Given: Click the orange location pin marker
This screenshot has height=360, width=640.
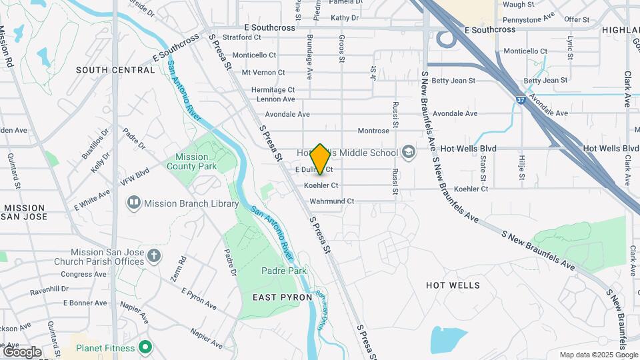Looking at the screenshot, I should point(321,159).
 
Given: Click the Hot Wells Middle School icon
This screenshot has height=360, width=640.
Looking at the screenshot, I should point(408,153).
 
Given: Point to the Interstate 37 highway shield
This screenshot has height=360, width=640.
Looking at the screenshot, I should point(520,100).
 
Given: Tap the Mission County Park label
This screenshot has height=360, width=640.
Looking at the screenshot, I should point(196,161).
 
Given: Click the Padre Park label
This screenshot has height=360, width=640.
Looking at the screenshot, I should point(284,271).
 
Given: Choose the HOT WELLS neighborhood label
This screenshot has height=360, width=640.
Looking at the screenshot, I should point(453,285).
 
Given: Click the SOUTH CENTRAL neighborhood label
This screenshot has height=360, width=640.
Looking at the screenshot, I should point(115,70).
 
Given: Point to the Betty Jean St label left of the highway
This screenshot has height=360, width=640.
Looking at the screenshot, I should point(453,81).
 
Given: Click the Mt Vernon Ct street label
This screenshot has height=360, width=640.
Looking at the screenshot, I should point(263,72).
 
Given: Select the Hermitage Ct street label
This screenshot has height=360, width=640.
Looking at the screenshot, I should point(273,89).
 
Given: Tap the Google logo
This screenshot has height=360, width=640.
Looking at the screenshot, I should point(22,351).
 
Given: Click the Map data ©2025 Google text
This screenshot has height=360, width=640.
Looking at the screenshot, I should point(598,355).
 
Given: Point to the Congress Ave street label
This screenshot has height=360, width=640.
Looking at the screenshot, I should point(83,274).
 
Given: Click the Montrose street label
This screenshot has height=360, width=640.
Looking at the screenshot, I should point(373,131).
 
